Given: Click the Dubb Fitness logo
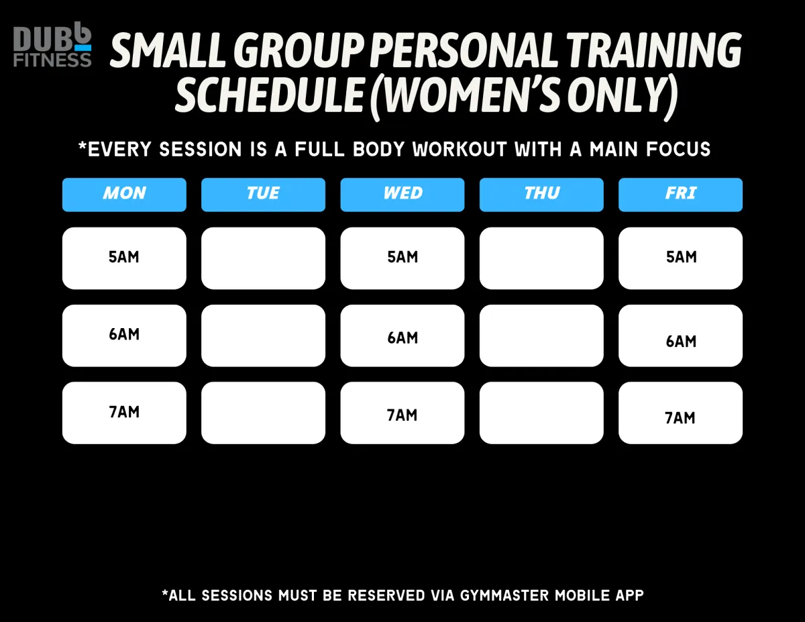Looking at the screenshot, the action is pyautogui.click(x=52, y=45).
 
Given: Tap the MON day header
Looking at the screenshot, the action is pyautogui.click(x=124, y=195).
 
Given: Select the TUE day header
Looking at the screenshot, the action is pyautogui.click(x=263, y=195).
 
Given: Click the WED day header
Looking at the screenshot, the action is pyautogui.click(x=402, y=195).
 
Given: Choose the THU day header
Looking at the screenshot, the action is pyautogui.click(x=541, y=195).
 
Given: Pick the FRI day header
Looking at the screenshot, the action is pyautogui.click(x=680, y=195).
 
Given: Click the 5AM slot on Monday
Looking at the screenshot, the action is pyautogui.click(x=124, y=258).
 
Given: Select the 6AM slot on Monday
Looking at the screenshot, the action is pyautogui.click(x=124, y=335).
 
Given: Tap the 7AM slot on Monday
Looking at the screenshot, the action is pyautogui.click(x=124, y=413).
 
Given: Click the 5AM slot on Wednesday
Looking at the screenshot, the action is pyautogui.click(x=402, y=258).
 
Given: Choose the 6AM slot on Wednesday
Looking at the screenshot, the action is pyautogui.click(x=402, y=335).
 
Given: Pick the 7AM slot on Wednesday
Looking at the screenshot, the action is pyautogui.click(x=402, y=413).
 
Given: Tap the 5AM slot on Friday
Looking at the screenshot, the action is pyautogui.click(x=680, y=258).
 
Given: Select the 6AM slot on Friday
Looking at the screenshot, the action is pyautogui.click(x=680, y=335).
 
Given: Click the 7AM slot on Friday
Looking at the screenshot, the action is pyautogui.click(x=680, y=413).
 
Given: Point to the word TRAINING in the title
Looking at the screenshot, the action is pyautogui.click(x=654, y=51).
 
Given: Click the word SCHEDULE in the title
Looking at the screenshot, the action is pyautogui.click(x=269, y=95).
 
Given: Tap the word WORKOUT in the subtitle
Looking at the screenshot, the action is pyautogui.click(x=460, y=150).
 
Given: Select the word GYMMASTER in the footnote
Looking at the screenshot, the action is pyautogui.click(x=504, y=595).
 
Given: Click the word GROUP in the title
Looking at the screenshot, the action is pyautogui.click(x=299, y=51).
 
